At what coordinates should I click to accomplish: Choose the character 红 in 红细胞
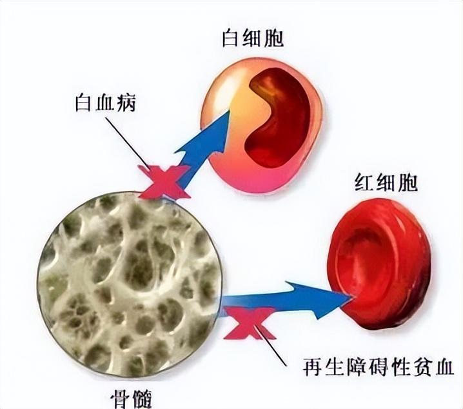pos(364,183)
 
